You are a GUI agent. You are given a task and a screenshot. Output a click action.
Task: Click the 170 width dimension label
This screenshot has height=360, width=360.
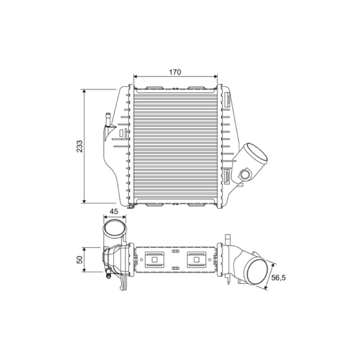click(175, 72)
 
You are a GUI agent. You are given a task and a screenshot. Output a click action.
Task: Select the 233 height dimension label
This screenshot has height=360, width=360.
click(80, 146)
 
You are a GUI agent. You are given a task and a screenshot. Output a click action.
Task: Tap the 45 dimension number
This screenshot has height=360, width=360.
click(114, 211)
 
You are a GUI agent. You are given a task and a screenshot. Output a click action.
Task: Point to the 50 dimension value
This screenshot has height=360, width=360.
click(80, 260)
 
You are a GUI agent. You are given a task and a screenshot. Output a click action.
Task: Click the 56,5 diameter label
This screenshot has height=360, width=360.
click(278, 278)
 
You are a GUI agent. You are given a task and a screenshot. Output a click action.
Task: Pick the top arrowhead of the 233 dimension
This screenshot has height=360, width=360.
click(84, 91)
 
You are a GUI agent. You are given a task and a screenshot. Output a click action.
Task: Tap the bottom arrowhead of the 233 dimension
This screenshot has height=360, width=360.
click(84, 201)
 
